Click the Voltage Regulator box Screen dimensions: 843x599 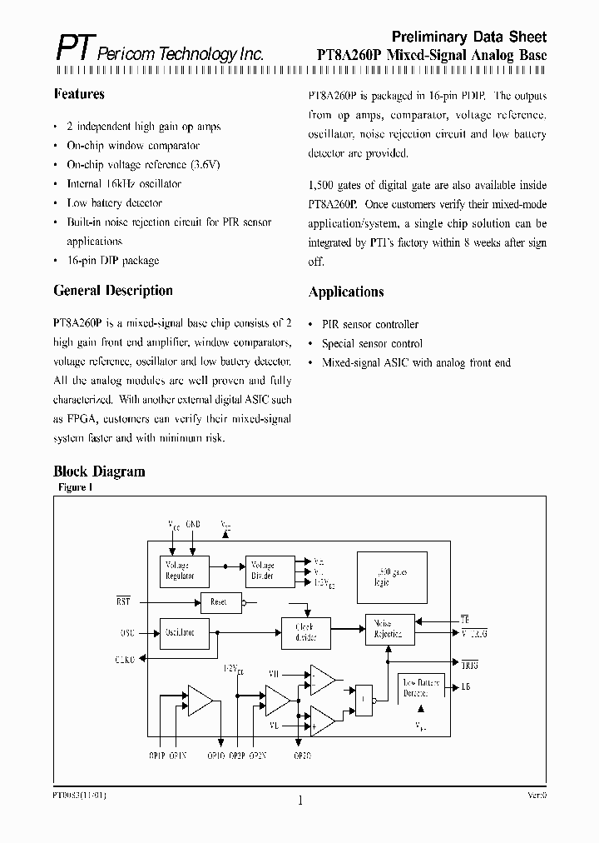(x=184, y=571)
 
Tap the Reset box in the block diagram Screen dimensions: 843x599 (x=220, y=601)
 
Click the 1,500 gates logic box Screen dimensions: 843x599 (x=391, y=576)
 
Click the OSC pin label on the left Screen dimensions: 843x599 (x=127, y=632)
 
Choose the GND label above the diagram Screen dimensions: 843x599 (x=193, y=525)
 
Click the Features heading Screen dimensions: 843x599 (x=79, y=94)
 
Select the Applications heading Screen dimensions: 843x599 (x=346, y=292)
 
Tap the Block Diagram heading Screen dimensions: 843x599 (x=99, y=471)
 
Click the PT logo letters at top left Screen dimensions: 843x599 (x=74, y=49)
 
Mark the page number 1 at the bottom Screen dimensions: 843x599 (x=299, y=801)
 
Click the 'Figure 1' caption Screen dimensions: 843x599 (x=75, y=487)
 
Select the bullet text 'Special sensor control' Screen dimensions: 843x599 (x=372, y=343)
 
